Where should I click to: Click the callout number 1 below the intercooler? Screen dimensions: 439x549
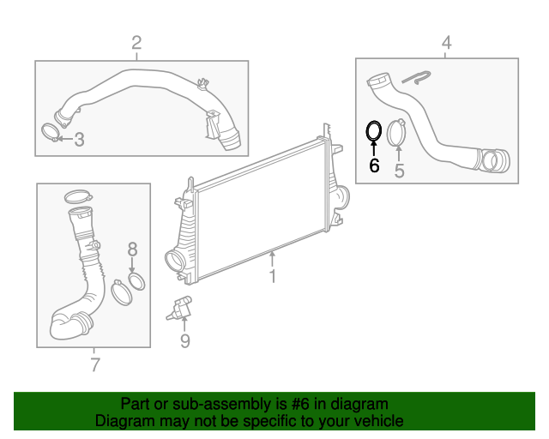[273, 276]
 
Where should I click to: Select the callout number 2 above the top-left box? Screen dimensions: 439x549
[136, 43]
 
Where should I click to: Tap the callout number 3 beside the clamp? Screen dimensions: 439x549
[79, 140]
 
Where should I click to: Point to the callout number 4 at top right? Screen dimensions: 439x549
[445, 42]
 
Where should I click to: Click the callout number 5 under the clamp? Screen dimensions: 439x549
[399, 171]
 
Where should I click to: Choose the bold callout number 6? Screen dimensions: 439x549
[374, 165]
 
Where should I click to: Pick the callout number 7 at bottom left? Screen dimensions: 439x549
[94, 365]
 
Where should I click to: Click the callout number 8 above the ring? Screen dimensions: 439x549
[132, 250]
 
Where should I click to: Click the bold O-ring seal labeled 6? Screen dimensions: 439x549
[374, 130]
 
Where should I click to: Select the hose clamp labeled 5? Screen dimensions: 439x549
[397, 133]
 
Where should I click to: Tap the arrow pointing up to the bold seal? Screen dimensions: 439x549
[374, 147]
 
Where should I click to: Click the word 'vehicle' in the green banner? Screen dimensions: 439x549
[375, 421]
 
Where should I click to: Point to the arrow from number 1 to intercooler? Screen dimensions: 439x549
[273, 256]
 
